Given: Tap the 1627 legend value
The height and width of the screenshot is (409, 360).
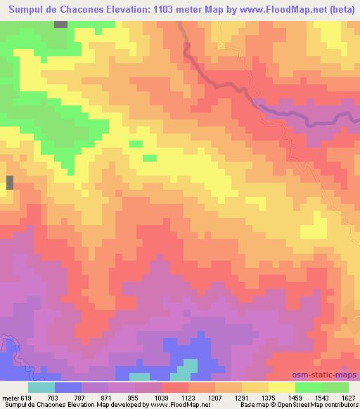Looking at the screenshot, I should click(347, 396).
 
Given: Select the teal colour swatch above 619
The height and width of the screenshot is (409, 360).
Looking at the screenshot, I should click(41, 387).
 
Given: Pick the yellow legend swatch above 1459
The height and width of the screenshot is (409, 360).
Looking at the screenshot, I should click(282, 387).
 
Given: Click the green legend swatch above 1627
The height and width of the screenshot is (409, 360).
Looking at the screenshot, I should click(335, 387).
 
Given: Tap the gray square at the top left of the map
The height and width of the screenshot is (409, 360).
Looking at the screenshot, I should click(61, 24).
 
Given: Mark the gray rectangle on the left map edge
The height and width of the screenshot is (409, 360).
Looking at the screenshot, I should click(10, 183).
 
